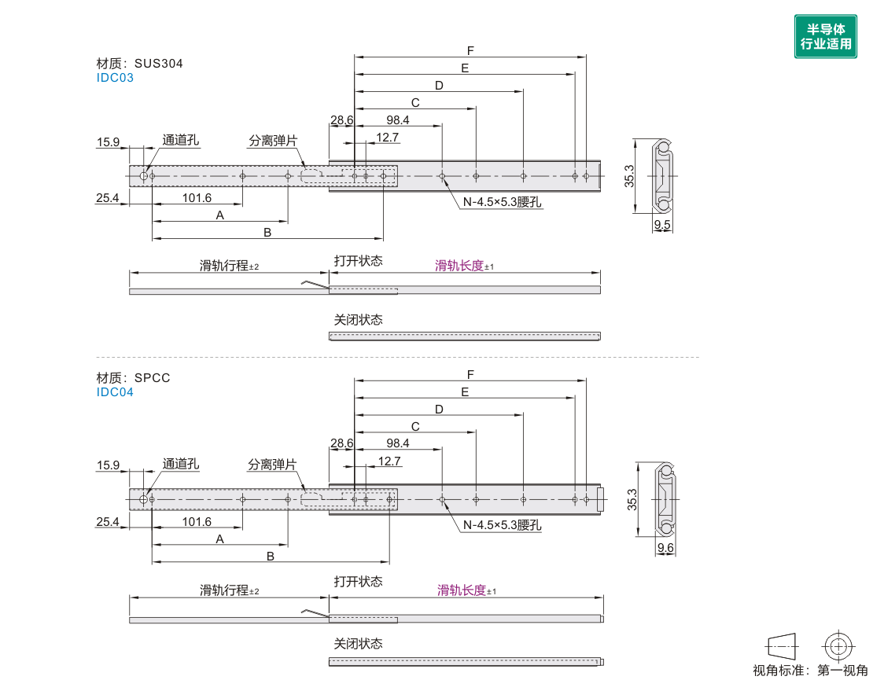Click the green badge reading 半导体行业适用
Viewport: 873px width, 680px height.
[825, 36]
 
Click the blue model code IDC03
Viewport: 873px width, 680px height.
[115, 78]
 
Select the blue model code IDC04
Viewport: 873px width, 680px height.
[115, 391]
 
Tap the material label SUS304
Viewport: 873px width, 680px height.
[158, 64]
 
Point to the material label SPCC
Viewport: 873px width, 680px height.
[152, 377]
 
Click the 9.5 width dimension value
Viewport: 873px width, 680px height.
[662, 225]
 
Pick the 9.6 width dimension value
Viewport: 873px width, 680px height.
[665, 548]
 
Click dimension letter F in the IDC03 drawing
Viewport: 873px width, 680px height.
[470, 50]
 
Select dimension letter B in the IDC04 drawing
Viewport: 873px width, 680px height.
[270, 556]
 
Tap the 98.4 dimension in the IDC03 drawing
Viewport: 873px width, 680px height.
[398, 119]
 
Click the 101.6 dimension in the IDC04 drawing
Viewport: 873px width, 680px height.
[197, 521]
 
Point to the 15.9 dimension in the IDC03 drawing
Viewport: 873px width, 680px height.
[108, 142]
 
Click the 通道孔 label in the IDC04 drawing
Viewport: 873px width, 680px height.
[181, 465]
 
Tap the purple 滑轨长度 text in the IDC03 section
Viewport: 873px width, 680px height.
[459, 266]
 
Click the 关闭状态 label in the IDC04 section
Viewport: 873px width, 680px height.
[358, 643]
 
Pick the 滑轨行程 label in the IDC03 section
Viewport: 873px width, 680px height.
[223, 266]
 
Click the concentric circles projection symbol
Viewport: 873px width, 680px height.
[838, 646]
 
